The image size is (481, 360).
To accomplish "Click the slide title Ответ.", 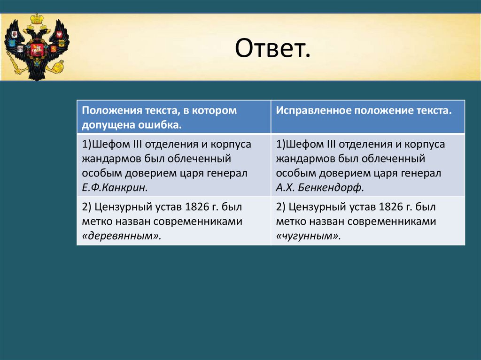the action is pos(273,48).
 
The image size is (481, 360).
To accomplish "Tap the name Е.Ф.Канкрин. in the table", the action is pos(115,187).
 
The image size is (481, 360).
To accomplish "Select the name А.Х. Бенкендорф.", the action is pos(319,187).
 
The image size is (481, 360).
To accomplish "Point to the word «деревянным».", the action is pos(122,236).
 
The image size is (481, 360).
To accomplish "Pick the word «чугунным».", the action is pos(308,236).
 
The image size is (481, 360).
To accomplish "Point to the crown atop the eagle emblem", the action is pos(37,19).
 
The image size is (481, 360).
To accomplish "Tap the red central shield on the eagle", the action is pos(37,49).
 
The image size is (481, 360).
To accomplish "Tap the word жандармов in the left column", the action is pos(112,159).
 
